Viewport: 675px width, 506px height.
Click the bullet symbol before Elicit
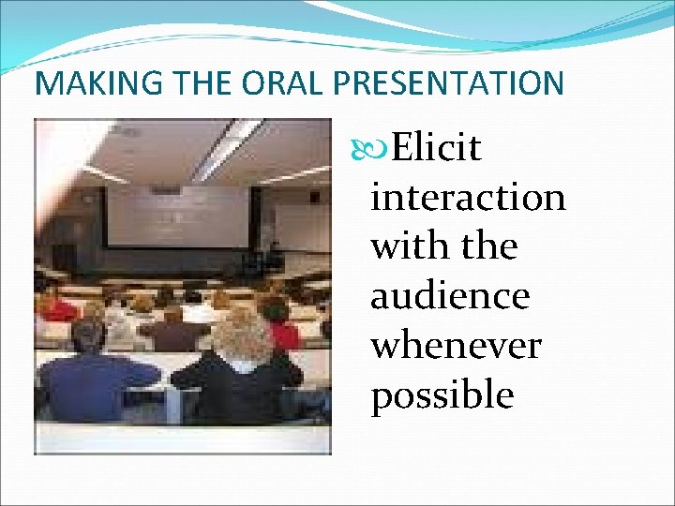click(x=379, y=148)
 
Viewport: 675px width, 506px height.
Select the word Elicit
click(x=437, y=148)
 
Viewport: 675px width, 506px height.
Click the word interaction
click(x=468, y=198)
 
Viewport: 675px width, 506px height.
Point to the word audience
click(x=450, y=297)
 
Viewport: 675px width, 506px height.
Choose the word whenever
click(x=456, y=346)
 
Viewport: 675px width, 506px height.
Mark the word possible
click(x=442, y=395)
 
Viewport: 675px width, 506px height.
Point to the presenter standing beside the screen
click(x=274, y=255)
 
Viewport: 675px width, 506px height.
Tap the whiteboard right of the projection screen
click(x=300, y=225)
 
